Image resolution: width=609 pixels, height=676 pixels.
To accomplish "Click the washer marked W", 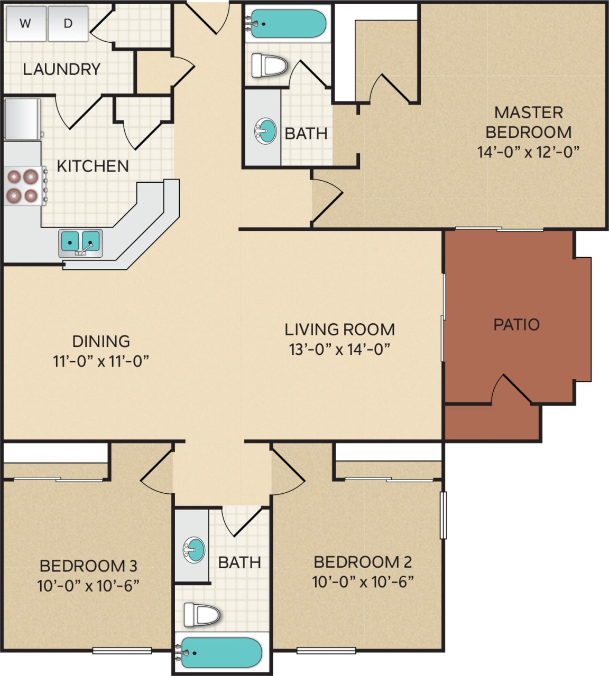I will coord(25,23).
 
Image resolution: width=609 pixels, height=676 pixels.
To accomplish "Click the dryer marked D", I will coord(68,23).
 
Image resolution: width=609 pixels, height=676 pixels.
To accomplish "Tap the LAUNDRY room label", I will coord(61,69).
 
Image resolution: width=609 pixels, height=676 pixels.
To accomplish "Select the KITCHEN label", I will coord(93,166).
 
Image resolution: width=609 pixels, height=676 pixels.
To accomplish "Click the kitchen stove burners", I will coord(23,186).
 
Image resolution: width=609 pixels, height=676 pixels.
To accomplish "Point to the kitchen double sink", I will coord(80,241).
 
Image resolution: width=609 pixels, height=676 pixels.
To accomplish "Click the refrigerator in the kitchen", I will coord(22,119).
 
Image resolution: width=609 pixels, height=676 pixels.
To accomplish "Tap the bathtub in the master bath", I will coord(288,23).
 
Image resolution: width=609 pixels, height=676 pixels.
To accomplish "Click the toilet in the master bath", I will coord(269,65).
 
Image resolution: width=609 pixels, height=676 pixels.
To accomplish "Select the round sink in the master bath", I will coord(265,130).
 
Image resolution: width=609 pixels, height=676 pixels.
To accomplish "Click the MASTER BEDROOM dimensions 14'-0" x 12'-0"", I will coord(528,152).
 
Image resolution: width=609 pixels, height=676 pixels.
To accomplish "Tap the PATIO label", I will coord(516,324).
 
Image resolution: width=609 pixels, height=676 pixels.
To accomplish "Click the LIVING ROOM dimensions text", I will coord(339,349).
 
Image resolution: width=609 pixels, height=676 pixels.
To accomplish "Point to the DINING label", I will coord(101,341).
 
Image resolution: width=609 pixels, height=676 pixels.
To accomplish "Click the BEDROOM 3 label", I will coord(88,566).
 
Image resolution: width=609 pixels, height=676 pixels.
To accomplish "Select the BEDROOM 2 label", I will coord(363,561).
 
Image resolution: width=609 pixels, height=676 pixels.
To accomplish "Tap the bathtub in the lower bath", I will coord(222,653).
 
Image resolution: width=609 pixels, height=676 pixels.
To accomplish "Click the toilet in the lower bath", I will coord(202,614).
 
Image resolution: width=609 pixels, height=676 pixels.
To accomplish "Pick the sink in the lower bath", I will coord(194,550).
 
